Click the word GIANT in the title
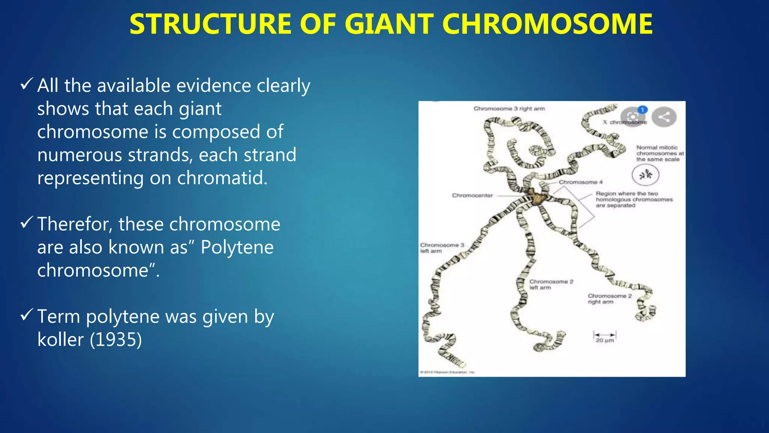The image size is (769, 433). [389, 24]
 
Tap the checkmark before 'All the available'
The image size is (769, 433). [27, 84]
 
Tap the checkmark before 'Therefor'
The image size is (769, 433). [27, 223]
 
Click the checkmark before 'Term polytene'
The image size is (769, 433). [27, 315]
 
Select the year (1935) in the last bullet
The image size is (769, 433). [116, 340]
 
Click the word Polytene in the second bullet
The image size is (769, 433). [237, 247]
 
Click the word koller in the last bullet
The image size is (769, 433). [60, 340]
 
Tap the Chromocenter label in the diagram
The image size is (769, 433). [472, 195]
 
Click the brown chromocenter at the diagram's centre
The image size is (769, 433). [536, 197]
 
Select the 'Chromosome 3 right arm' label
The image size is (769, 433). [509, 109]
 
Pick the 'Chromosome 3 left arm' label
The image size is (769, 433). [442, 248]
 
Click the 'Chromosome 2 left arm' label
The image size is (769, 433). [551, 285]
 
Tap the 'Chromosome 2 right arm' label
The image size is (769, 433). [609, 299]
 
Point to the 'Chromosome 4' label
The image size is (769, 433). [581, 182]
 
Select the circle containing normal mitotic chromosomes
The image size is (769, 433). [645, 175]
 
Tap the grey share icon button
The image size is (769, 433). [664, 117]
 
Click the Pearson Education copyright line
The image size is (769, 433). [447, 372]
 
